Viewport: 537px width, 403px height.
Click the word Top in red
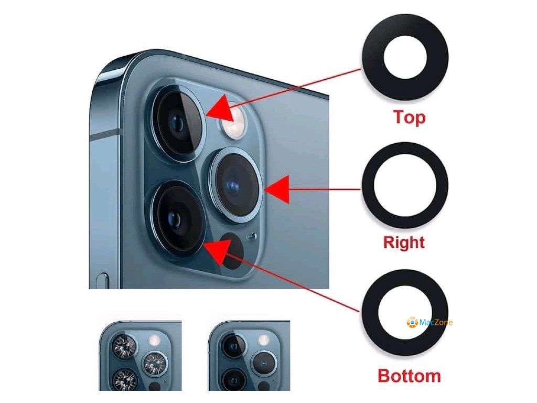[410, 116]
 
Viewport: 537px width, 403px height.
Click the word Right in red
[404, 242]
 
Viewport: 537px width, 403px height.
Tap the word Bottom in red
[409, 376]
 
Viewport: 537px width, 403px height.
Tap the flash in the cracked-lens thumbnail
[155, 341]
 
